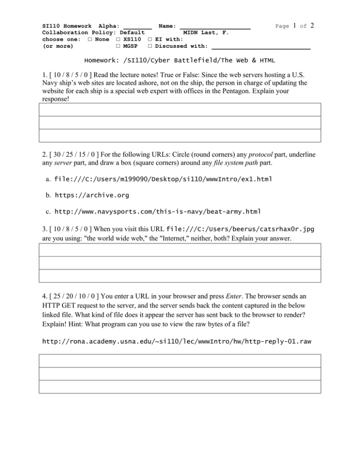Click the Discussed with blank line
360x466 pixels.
tap(261, 47)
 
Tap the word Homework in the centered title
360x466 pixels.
tap(102, 61)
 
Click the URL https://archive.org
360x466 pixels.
tap(92, 195)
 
